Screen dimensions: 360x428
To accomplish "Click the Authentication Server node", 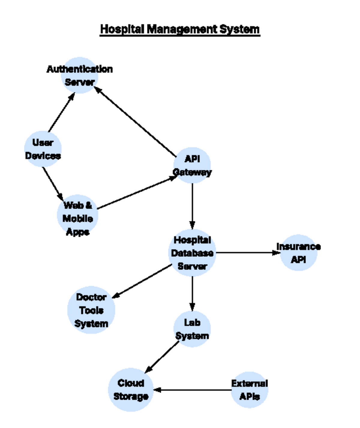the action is point(79,76).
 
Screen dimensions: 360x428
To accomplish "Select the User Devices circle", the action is point(43,149).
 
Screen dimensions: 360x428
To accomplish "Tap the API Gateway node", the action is point(192,165).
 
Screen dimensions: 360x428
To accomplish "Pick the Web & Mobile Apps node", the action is point(77,215).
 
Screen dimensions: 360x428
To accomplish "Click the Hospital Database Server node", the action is point(192,253).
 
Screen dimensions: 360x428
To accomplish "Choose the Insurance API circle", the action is point(298,253).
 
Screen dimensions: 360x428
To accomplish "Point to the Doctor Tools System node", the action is point(91,310).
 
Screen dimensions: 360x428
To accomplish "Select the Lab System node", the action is point(192,329).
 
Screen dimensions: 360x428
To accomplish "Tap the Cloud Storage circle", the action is point(131,390).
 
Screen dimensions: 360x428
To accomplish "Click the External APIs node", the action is point(250,390).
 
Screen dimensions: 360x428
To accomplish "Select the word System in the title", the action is point(239,29).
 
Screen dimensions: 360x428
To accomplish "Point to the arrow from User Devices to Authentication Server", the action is point(62,112).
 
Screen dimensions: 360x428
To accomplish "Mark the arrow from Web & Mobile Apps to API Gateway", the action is point(137,192).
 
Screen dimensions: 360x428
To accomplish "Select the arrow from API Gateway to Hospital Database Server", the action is point(192,206).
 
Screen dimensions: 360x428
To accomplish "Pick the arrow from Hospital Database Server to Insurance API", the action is point(248,253).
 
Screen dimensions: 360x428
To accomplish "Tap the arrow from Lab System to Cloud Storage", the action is point(162,357).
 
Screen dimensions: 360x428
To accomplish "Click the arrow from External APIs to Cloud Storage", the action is point(192,390).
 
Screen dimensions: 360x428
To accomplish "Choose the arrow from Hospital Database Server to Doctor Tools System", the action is point(142,281).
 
